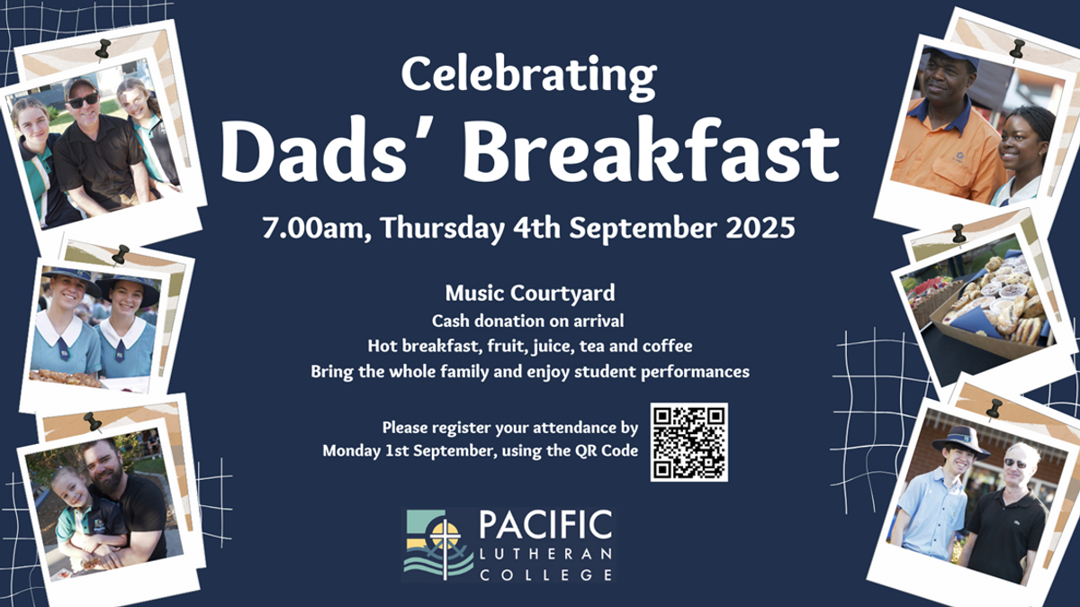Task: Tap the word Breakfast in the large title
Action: click(651, 150)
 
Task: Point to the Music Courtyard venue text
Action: click(530, 294)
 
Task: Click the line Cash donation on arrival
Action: click(528, 321)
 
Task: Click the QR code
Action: click(689, 442)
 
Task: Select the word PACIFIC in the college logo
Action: click(545, 525)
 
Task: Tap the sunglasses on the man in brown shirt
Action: click(83, 100)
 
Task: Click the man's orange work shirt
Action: click(941, 152)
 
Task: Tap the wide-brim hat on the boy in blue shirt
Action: click(959, 440)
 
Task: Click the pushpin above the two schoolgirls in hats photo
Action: click(120, 254)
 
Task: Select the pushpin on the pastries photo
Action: click(958, 234)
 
